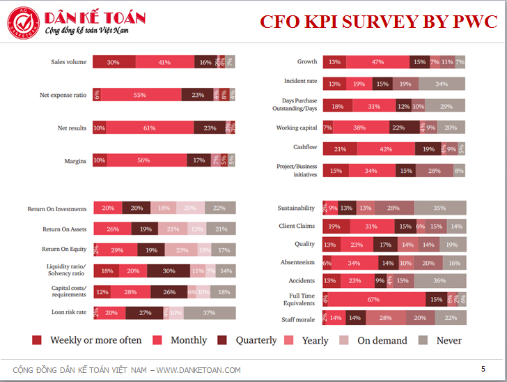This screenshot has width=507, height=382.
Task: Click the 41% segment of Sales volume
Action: [x=164, y=62]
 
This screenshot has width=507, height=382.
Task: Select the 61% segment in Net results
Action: [x=150, y=128]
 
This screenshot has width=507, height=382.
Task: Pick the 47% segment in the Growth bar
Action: [x=377, y=62]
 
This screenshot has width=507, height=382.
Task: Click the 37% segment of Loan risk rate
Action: [x=209, y=313]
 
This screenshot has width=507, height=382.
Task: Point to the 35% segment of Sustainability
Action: [x=439, y=208]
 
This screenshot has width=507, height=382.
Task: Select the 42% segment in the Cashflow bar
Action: [x=384, y=148]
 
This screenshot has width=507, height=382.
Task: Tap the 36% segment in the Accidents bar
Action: [x=439, y=281]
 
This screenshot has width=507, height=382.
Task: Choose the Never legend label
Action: [x=449, y=340]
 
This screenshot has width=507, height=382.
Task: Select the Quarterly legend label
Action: [x=257, y=340]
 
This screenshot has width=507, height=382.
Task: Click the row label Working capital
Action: [x=297, y=128]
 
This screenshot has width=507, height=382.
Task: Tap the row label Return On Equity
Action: [x=64, y=249]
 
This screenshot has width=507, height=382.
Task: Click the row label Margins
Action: [x=75, y=161]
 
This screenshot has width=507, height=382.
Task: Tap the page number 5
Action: [x=483, y=368]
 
